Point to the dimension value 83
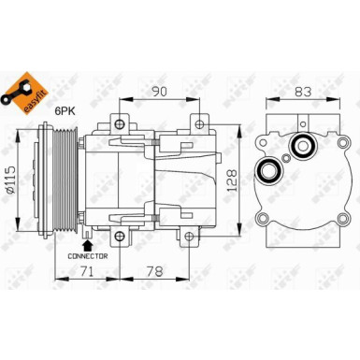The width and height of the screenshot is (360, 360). click(x=301, y=92)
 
